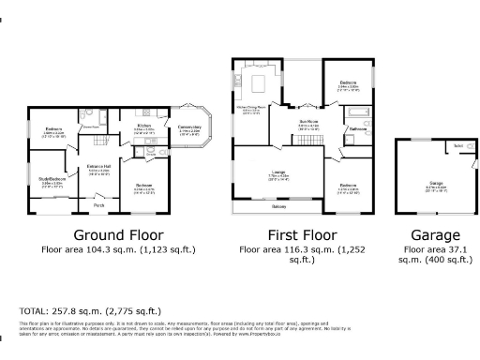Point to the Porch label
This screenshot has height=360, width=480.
click(98, 204)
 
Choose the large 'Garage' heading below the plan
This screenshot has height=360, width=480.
click(436, 235)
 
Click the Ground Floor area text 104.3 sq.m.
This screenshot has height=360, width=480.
click(117, 250)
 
